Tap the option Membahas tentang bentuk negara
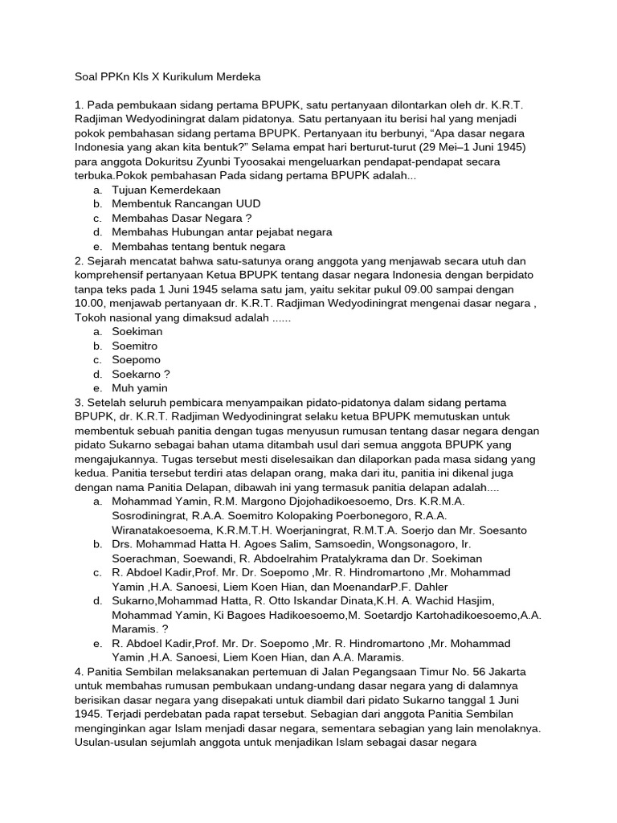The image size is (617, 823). pyautogui.click(x=198, y=247)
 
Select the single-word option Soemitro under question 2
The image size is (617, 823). pyautogui.click(x=135, y=346)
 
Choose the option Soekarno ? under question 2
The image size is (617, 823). pyautogui.click(x=141, y=374)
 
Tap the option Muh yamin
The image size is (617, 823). pyautogui.click(x=140, y=388)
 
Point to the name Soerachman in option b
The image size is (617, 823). pyautogui.click(x=146, y=559)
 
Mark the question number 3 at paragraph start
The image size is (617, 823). pyautogui.click(x=78, y=402)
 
